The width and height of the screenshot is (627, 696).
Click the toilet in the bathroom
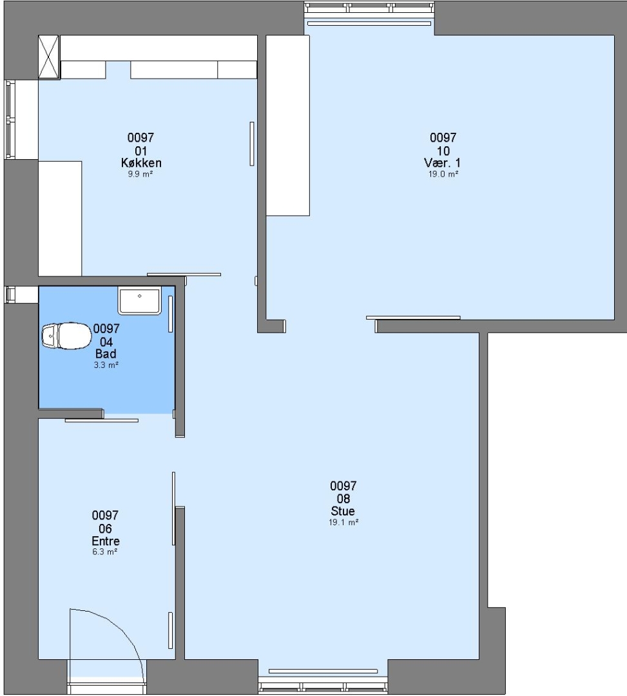(x=66, y=336)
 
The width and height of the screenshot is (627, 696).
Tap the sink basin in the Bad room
(x=139, y=300)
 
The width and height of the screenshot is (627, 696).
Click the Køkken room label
(x=141, y=163)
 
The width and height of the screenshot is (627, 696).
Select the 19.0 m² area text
(x=443, y=174)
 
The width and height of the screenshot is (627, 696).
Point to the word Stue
(x=343, y=511)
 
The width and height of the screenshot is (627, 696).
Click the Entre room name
(x=106, y=541)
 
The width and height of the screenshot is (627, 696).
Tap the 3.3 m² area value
(x=106, y=365)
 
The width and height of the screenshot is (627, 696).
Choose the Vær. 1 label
(x=443, y=162)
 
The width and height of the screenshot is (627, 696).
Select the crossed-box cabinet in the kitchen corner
(x=49, y=57)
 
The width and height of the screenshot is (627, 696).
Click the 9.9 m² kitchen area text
(x=140, y=174)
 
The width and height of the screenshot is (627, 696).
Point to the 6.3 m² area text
(x=105, y=552)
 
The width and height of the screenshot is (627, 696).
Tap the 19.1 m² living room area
(x=343, y=523)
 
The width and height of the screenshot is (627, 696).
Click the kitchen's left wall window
(x=10, y=119)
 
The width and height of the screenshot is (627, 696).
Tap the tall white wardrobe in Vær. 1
(x=287, y=126)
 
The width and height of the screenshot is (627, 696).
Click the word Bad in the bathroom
(x=106, y=354)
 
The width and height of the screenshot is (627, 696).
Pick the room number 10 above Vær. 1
(x=443, y=151)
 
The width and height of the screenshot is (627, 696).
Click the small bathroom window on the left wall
(x=10, y=295)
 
